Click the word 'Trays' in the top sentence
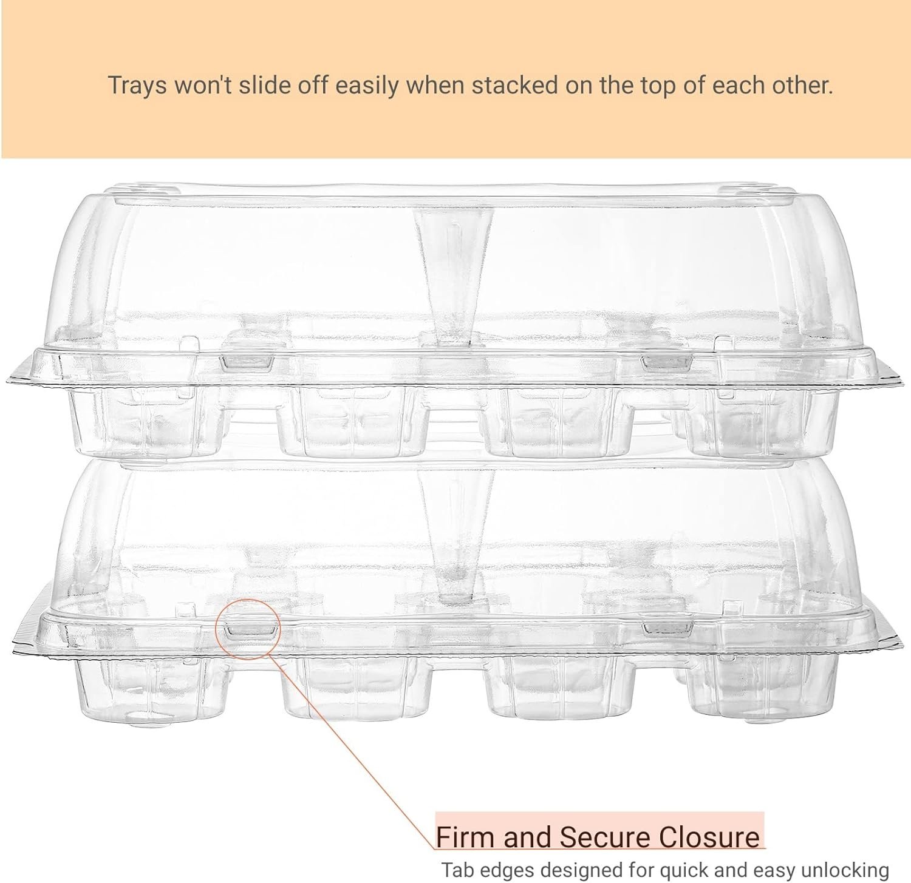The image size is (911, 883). [137, 85]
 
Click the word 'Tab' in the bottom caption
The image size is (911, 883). [455, 870]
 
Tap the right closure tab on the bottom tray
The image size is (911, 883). [668, 628]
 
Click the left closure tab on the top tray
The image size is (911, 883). [247, 362]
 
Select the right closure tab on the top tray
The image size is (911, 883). [667, 362]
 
